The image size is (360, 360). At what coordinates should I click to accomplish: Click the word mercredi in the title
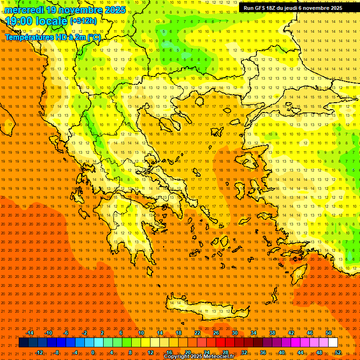pyautogui.click(x=24, y=10)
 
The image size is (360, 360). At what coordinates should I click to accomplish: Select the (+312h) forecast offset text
pyautogui.click(x=83, y=21)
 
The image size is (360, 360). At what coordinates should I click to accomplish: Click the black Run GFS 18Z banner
pyautogui.click(x=292, y=8)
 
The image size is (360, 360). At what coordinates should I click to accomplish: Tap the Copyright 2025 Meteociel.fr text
pyautogui.click(x=199, y=357)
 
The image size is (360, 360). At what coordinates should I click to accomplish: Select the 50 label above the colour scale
pyautogui.click(x=329, y=333)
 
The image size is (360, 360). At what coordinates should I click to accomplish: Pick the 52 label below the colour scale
pyautogui.click(x=338, y=352)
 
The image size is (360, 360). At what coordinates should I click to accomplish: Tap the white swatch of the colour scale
pyautogui.click(x=333, y=343)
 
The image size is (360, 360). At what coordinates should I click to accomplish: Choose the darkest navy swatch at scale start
pyautogui.click(x=23, y=343)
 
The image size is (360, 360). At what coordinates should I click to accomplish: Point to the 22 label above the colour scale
pyautogui.click(x=197, y=333)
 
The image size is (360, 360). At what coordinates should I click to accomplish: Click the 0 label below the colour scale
pyautogui.click(x=93, y=352)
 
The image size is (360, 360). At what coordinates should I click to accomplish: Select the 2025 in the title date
pyautogui.click(x=114, y=10)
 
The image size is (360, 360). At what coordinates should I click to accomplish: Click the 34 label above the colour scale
pyautogui.click(x=254, y=333)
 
